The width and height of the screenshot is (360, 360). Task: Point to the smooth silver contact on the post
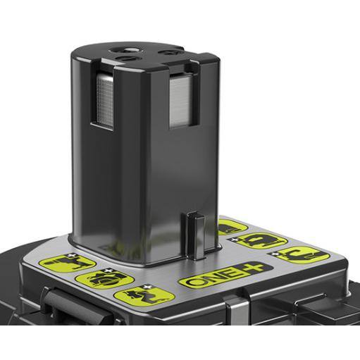181,100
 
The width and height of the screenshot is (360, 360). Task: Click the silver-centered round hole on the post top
128,50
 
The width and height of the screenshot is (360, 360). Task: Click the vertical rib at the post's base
196,235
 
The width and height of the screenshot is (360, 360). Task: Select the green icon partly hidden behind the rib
232,227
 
